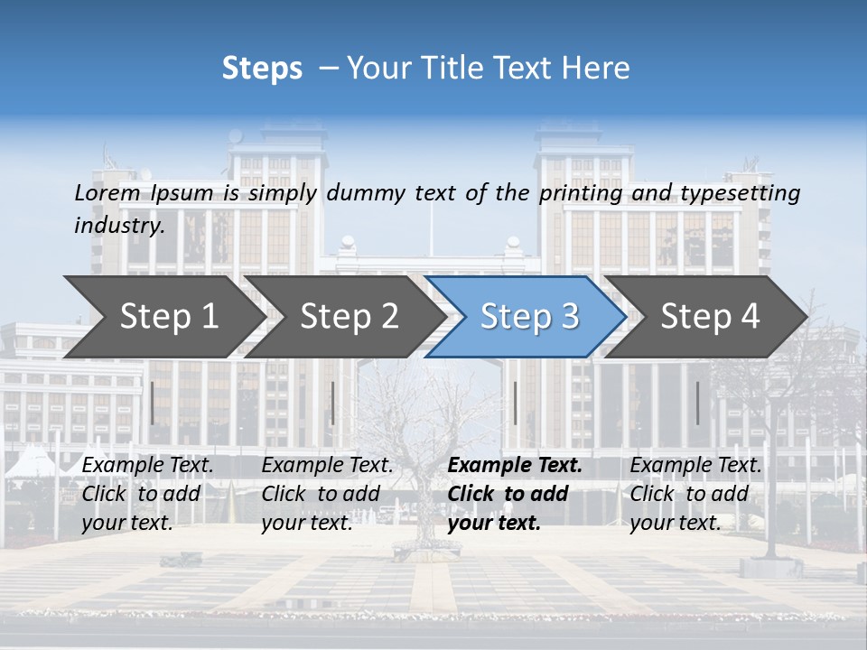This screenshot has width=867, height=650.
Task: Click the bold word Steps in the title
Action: pos(262,69)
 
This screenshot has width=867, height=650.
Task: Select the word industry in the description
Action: pos(119,225)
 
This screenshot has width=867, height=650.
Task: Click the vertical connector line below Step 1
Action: pos(153,403)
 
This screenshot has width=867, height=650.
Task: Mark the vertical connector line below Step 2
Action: pos(333,403)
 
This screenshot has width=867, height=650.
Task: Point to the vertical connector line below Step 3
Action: pos(515,403)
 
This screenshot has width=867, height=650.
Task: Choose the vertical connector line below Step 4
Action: pos(697,403)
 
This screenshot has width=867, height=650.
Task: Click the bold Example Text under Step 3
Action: pos(515,466)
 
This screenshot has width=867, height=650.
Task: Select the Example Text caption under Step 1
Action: pos(148,466)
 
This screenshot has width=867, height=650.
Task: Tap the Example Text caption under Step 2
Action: pos(328,466)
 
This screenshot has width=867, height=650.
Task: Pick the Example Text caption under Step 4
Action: pos(696,466)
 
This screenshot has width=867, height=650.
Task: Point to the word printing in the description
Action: pos(581,193)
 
